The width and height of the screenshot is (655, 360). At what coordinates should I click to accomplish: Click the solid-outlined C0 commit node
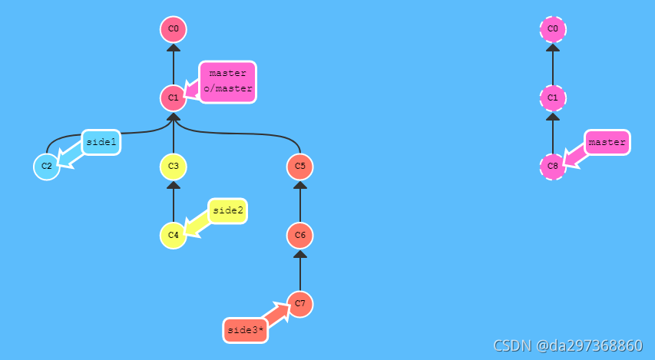tap(174, 29)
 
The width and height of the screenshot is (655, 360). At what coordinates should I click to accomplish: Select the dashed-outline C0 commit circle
tap(553, 29)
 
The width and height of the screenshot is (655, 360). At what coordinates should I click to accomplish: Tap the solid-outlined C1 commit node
tap(174, 97)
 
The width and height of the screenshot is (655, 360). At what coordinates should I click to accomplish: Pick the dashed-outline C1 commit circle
tap(553, 97)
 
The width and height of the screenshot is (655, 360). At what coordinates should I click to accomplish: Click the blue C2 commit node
tap(47, 166)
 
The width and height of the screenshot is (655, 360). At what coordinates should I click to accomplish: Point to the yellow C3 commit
tap(174, 166)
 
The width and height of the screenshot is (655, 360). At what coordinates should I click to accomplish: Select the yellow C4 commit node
tap(174, 234)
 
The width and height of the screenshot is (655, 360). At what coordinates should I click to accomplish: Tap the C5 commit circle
tap(300, 166)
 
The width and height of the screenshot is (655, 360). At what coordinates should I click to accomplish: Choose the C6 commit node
tap(300, 234)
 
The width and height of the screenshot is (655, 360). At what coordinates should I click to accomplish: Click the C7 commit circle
tap(300, 304)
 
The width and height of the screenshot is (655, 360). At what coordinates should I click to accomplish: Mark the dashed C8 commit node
tap(553, 166)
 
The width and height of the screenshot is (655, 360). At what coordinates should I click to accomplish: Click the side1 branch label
tap(101, 142)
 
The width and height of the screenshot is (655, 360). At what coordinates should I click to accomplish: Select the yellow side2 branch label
tap(227, 210)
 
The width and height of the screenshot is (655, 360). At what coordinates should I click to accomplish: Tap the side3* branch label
tap(246, 330)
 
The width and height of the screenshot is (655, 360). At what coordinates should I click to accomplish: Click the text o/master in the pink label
tap(228, 89)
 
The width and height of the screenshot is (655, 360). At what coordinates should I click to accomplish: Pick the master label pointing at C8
tap(607, 142)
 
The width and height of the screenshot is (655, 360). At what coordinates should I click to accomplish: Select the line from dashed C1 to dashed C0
tap(553, 65)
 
